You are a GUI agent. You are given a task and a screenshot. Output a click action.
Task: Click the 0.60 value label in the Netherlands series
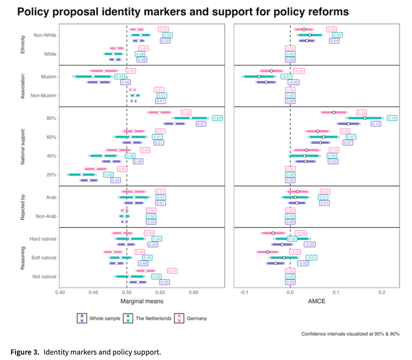pos(217,118)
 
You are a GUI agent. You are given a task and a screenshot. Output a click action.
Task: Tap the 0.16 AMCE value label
pos(392,118)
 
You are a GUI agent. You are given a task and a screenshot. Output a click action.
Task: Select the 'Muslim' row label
pos(49,77)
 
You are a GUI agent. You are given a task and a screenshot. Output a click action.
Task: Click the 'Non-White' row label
pos(45,35)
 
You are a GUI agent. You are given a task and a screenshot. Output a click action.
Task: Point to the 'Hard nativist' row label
pos(43,239)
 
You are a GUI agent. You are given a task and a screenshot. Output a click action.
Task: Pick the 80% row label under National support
pos(51,118)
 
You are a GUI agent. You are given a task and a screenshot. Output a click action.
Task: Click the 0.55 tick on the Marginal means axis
pos(160,292)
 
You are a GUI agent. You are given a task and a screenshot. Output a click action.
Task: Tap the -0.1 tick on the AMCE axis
pos(244,292)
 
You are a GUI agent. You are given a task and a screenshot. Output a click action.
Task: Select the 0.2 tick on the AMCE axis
pos(382,292)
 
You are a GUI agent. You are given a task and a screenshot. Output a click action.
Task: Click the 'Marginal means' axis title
pos(142,301)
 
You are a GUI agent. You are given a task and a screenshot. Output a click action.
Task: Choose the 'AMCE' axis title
pos(317,301)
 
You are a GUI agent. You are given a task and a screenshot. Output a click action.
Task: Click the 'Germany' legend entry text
pos(197,319)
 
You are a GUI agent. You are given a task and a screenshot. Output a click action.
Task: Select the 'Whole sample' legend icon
pos(82,318)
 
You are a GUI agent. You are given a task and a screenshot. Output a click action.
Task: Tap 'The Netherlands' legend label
pos(153,319)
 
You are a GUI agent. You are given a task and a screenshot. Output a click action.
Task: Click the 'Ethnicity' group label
pos(23,44)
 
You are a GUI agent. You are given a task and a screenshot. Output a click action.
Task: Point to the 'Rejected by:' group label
pos(23,207)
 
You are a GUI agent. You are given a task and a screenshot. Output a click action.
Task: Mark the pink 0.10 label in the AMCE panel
pos(361,112)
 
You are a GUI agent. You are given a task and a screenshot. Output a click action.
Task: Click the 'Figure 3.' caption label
pos(25,352)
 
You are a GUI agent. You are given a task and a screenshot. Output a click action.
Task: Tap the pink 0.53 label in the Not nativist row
pos(172,271)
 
